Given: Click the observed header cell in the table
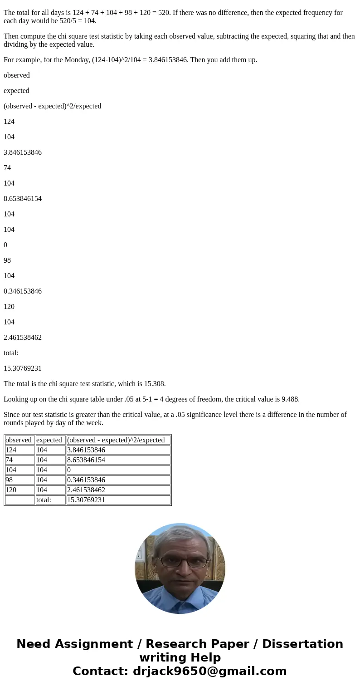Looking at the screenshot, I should (x=19, y=440).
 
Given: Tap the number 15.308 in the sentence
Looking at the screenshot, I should (x=154, y=384).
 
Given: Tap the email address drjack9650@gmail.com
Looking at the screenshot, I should (x=210, y=671).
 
